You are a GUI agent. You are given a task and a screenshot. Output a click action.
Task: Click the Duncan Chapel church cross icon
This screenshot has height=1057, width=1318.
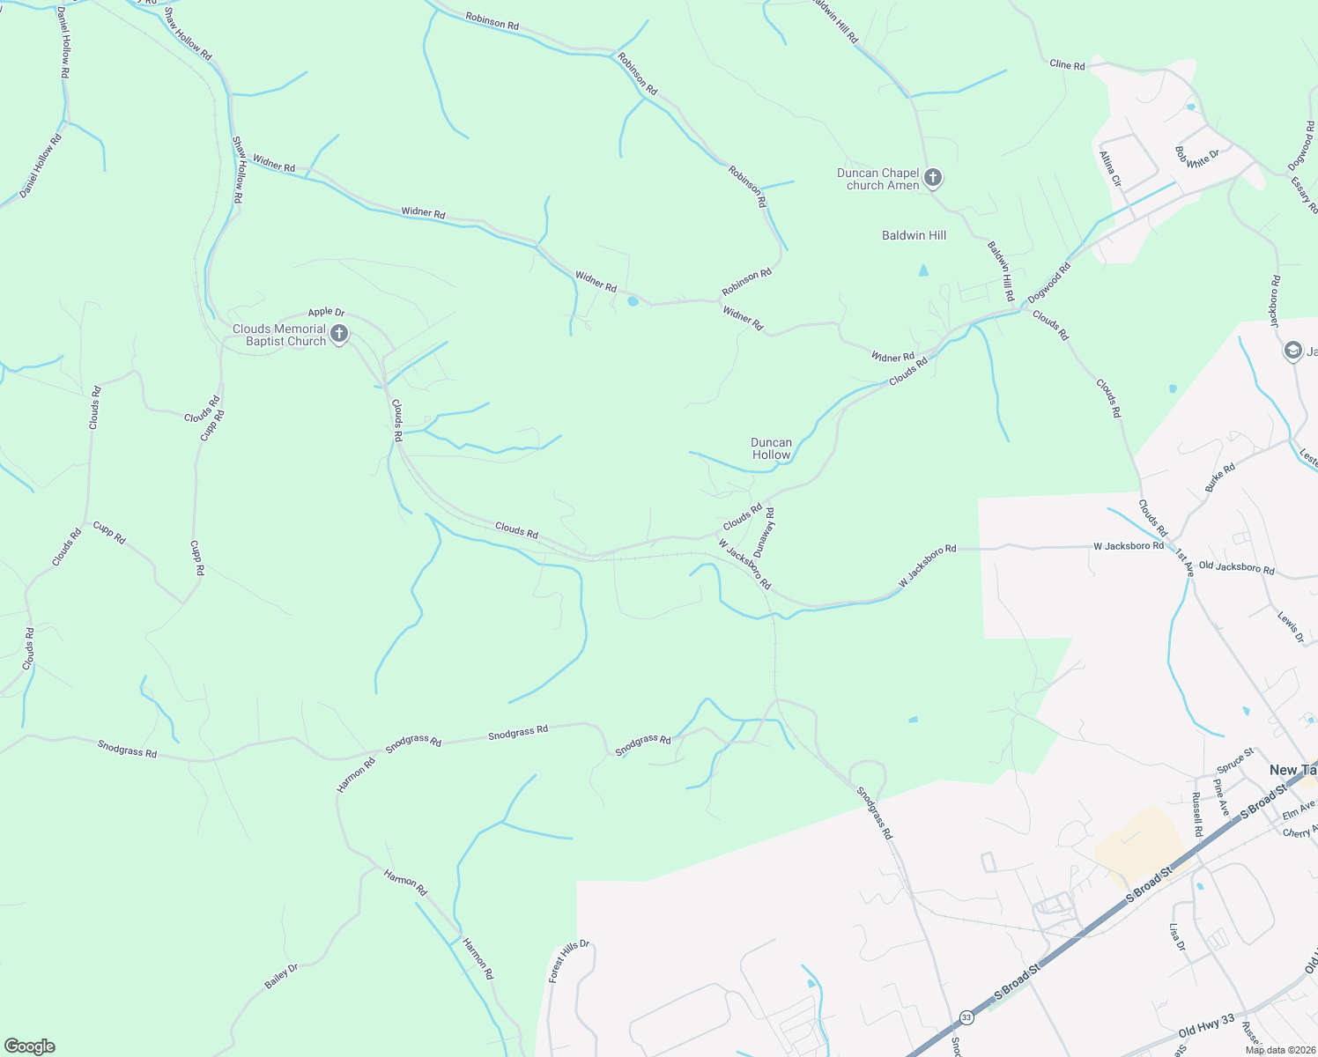click(933, 178)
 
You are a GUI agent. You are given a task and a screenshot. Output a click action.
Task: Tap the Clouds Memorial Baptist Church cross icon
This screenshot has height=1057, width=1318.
click(339, 335)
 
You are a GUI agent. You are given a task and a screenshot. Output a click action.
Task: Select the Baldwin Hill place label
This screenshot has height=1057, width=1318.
click(914, 235)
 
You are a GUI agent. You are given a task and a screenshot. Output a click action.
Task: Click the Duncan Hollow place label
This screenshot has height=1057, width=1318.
click(771, 448)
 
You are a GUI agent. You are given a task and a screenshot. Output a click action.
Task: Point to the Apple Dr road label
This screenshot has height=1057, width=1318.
click(326, 312)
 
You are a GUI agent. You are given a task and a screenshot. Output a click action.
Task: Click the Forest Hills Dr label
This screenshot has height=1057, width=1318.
click(568, 961)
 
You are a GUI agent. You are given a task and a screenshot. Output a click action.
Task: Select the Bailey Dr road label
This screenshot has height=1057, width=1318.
click(282, 976)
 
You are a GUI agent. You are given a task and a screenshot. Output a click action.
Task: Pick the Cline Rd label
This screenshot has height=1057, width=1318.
click(1067, 64)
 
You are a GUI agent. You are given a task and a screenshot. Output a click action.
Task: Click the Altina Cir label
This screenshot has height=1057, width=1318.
click(1110, 168)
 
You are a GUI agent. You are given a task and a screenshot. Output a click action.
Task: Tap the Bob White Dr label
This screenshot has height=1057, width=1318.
click(1197, 158)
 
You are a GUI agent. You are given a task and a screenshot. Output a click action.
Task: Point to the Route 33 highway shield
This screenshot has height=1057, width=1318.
click(966, 1016)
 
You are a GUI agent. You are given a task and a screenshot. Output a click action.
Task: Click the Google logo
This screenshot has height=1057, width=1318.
click(29, 1046)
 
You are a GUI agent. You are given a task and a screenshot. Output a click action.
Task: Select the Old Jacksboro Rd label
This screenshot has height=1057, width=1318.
click(1236, 568)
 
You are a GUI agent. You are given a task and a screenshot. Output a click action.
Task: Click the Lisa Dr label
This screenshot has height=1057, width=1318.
click(1177, 938)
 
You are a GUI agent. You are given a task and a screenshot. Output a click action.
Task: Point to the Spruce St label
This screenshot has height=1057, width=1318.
click(1235, 759)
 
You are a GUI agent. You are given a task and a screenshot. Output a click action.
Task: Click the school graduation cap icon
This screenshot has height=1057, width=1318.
click(1292, 351)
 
